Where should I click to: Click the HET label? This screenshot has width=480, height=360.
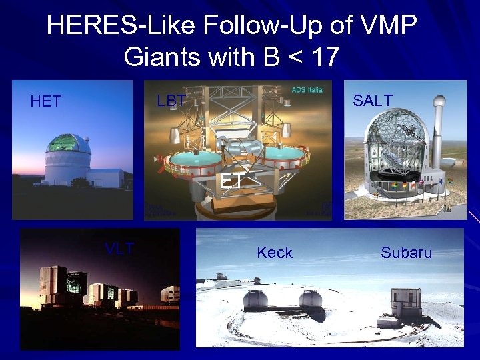pos(46,101)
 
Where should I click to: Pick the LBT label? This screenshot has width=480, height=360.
pos(171,101)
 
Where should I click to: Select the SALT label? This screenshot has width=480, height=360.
pos(373,100)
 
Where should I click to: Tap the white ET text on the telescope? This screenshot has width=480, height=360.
pos(231,181)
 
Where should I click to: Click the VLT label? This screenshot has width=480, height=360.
pos(119,249)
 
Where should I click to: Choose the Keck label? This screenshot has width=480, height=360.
pos(275,253)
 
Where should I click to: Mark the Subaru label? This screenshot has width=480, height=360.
pos(406,253)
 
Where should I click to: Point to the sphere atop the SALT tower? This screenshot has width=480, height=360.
pos(439,102)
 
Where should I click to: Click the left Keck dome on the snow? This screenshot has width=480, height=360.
pos(255,299)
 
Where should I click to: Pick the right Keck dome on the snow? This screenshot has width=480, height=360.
pos(309,299)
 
